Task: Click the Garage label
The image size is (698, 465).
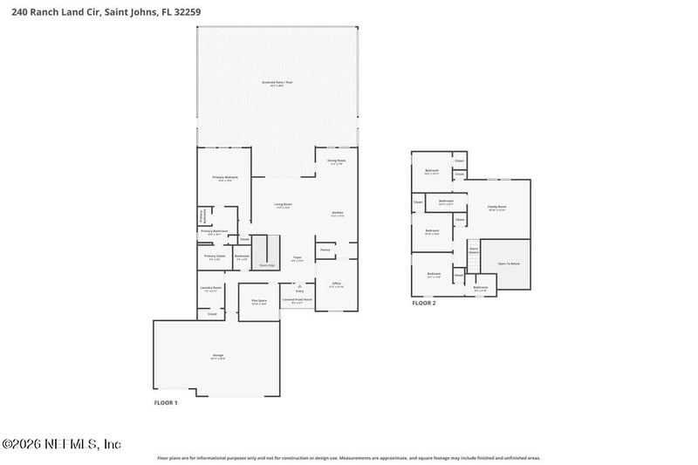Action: point(218,356)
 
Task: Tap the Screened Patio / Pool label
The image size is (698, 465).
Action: point(277,83)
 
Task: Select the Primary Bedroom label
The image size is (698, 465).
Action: point(225,178)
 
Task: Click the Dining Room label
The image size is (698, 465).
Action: point(337,161)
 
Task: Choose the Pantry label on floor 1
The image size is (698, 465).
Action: point(325,250)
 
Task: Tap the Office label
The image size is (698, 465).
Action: point(337,284)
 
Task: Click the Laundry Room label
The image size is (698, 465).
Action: point(211,288)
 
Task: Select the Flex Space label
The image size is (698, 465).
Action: point(259,301)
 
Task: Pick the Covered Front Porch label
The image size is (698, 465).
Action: point(297,301)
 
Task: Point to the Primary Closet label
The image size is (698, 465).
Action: point(216,256)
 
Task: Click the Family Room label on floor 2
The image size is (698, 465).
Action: point(497,208)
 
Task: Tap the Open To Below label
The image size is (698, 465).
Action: point(509,263)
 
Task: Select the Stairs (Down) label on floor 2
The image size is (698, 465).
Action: point(475,250)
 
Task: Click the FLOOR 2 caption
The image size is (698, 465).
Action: point(424,303)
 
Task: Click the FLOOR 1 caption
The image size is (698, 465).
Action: point(166,402)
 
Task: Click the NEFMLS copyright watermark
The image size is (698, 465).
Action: point(61,444)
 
